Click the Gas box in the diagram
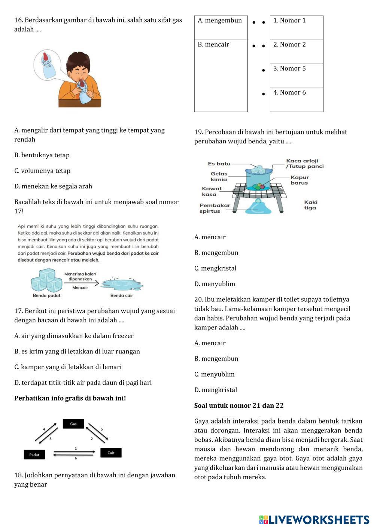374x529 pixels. (x=73, y=424)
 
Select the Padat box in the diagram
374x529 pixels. (x=34, y=455)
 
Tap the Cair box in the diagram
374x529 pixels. (x=111, y=453)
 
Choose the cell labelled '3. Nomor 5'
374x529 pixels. (x=297, y=75)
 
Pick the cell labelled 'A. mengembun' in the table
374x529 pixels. (x=221, y=27)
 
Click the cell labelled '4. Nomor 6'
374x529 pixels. (x=297, y=99)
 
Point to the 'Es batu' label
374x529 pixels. (x=219, y=164)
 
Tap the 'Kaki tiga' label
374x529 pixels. (x=310, y=205)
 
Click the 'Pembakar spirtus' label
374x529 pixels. (x=215, y=208)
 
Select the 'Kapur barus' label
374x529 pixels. (x=299, y=180)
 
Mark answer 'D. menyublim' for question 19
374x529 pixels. (x=215, y=284)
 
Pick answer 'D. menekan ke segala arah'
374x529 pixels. (x=53, y=186)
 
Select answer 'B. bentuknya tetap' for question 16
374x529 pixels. (x=42, y=155)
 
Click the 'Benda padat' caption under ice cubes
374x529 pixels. (x=46, y=295)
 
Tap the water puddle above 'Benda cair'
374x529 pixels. (x=122, y=284)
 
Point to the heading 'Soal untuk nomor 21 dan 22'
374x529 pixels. (x=239, y=405)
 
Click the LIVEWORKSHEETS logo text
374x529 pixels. (x=318, y=520)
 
